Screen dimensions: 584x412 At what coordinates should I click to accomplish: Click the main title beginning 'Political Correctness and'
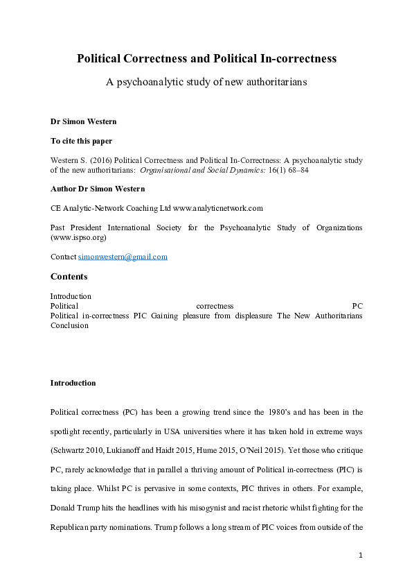(x=206, y=59)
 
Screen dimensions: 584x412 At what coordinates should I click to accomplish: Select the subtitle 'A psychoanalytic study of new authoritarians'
(x=206, y=82)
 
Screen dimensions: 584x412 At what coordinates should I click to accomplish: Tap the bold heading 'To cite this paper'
(x=81, y=140)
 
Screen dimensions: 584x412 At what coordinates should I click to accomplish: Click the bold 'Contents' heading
(x=69, y=277)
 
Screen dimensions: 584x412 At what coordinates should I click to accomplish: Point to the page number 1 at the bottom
(x=361, y=555)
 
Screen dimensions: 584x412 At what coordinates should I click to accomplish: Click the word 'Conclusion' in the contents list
(x=69, y=325)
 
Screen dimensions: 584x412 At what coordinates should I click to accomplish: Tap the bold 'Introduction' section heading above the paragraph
(x=73, y=383)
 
